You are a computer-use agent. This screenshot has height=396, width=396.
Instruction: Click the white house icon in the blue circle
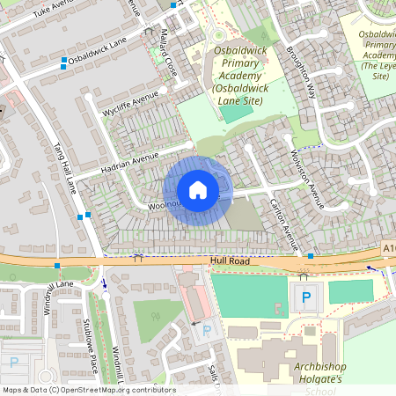(198, 190)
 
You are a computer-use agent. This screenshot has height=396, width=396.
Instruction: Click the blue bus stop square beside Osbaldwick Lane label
(63, 62)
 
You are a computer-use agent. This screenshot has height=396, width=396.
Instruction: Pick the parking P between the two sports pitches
(306, 297)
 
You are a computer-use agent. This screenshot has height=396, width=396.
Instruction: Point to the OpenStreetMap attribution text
(88, 390)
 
